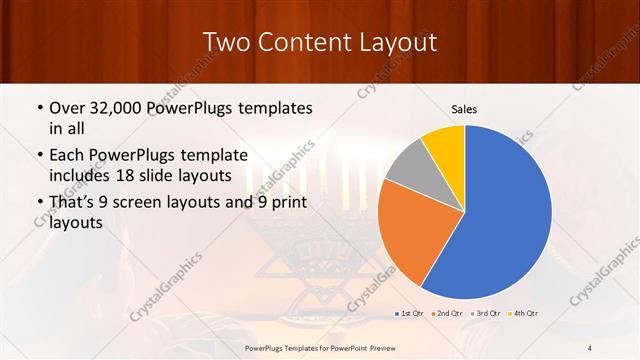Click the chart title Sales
tap(464, 109)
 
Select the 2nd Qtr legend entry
tap(447, 314)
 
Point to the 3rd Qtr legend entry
tap(485, 314)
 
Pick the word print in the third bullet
tap(287, 203)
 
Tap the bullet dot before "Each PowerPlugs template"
tap(39, 155)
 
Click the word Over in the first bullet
tap(67, 107)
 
